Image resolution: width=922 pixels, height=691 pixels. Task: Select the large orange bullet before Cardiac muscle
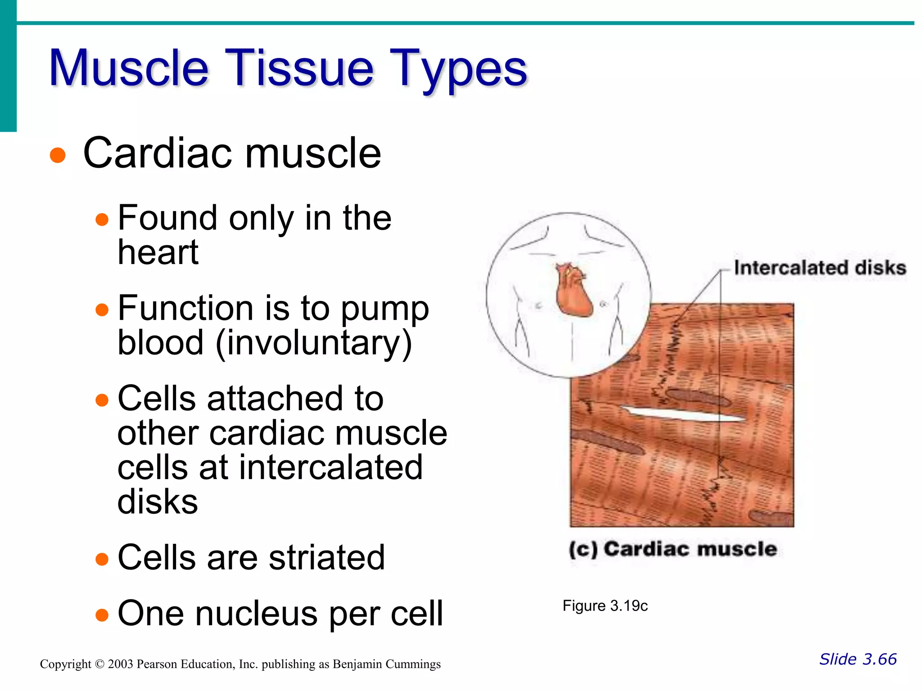pos(58,156)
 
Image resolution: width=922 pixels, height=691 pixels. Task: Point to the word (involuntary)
pos(314,343)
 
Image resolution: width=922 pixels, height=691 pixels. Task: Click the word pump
pos(385,310)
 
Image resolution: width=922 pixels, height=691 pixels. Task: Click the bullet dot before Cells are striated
pos(102,559)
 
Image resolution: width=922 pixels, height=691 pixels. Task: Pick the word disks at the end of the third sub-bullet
pos(158,502)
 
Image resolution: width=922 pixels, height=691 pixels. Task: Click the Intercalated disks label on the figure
pos(820,268)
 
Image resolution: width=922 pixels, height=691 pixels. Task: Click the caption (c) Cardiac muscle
pos(673,549)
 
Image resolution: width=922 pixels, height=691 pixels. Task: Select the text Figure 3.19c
pos(605,606)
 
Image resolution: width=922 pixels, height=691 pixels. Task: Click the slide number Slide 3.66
pos(858,659)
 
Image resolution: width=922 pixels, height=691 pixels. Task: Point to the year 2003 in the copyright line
pos(120,664)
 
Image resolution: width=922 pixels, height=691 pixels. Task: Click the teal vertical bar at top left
pos(8,65)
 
